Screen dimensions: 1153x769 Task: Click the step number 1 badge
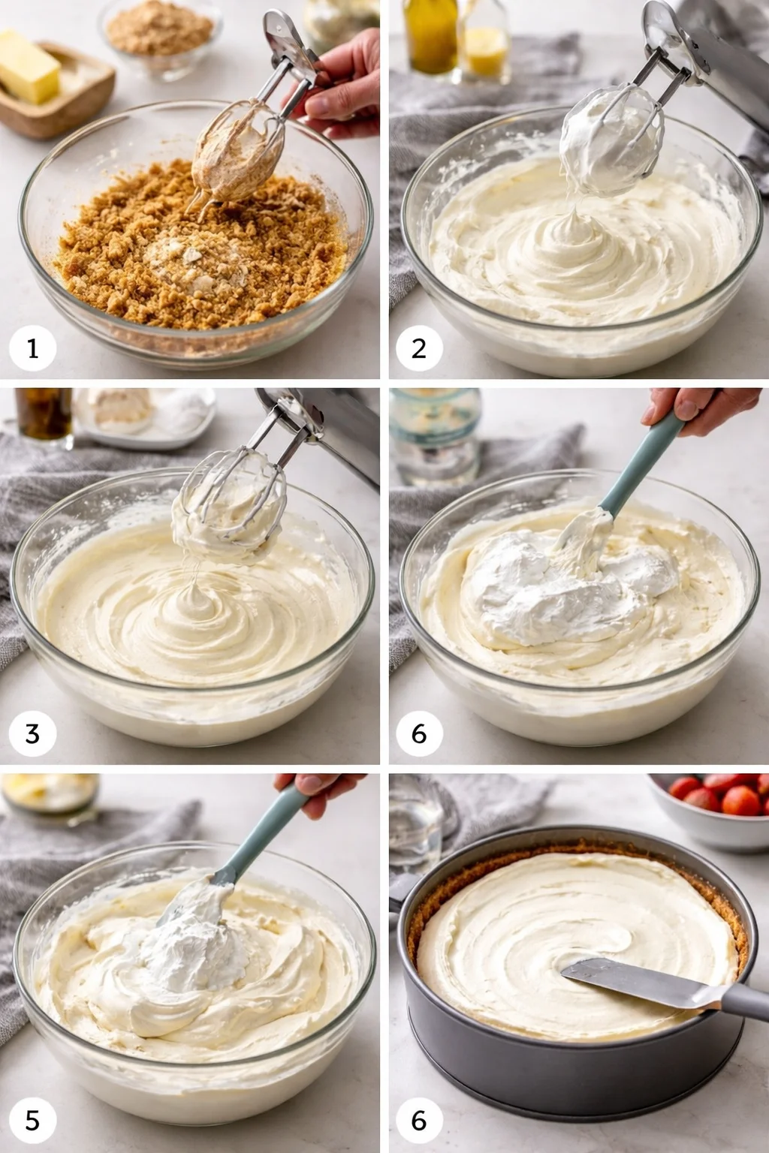tap(32, 348)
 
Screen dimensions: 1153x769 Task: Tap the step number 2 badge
tap(419, 348)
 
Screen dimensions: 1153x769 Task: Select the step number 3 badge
tap(32, 733)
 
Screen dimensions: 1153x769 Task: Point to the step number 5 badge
tap(32, 1120)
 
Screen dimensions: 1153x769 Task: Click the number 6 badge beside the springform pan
tap(419, 1120)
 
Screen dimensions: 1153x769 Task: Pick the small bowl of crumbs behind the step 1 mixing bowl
tap(159, 34)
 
